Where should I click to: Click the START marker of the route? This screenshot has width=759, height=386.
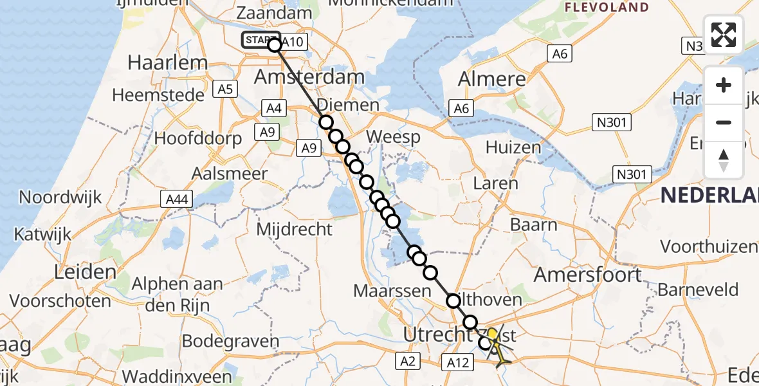point(261,41)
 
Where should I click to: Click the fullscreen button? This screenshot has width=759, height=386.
point(724,35)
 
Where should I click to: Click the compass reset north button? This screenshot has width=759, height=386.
point(724,160)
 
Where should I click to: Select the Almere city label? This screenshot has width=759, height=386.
point(492,79)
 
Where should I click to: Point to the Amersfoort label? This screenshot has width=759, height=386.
point(588,275)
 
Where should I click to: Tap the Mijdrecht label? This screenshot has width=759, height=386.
point(295,229)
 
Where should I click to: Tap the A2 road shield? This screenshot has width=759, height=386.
point(410,361)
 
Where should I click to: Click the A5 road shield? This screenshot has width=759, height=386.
point(225,89)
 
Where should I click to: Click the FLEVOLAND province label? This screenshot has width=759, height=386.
point(607,8)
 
